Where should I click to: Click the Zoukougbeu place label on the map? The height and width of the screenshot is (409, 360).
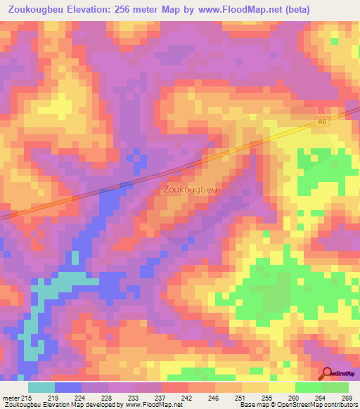[189, 189]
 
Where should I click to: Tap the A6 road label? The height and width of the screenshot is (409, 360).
[322, 122]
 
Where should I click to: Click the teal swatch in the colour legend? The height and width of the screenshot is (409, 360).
[41, 388]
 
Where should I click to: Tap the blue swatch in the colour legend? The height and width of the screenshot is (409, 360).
[68, 388]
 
